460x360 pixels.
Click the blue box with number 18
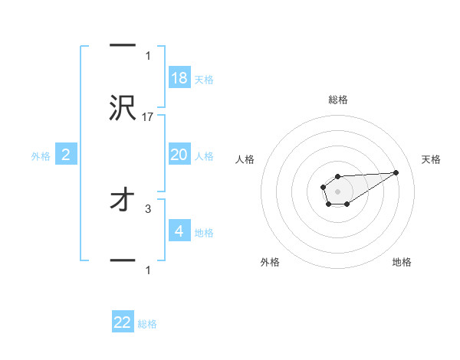click(x=179, y=78)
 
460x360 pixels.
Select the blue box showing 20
click(x=179, y=155)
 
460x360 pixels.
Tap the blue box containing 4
click(x=179, y=231)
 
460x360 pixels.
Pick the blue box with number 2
click(x=66, y=155)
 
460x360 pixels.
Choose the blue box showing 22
click(x=123, y=322)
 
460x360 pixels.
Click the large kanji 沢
click(x=123, y=108)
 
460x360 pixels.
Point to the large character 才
click(x=123, y=200)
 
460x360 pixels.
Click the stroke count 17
click(x=148, y=116)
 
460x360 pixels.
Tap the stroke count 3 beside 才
click(x=148, y=208)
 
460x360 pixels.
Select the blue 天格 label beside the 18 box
click(x=203, y=80)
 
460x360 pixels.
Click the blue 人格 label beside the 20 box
click(x=203, y=156)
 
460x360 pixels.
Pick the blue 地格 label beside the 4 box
click(x=203, y=233)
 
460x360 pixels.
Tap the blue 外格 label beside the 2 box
click(x=41, y=156)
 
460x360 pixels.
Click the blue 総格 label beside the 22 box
click(x=147, y=324)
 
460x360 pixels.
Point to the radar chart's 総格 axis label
click(x=338, y=100)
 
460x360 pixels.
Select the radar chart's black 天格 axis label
click(x=432, y=159)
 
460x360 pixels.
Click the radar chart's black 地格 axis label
click(x=402, y=262)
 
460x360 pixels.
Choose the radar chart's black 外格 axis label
click(x=270, y=262)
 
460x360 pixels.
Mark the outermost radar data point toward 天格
click(x=396, y=172)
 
